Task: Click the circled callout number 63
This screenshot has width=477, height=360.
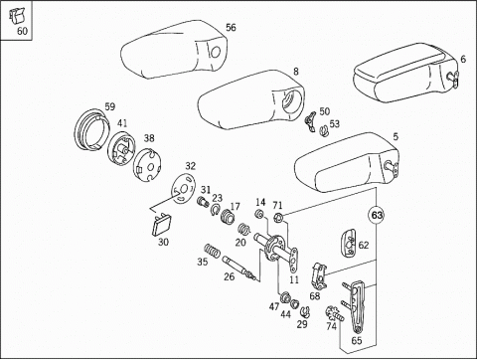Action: (x=377, y=216)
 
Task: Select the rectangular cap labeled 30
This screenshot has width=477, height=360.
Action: (x=161, y=225)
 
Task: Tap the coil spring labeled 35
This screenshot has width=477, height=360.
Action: (x=212, y=251)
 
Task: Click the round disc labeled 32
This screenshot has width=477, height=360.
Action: (x=184, y=188)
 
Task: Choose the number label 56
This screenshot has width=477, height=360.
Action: (x=231, y=27)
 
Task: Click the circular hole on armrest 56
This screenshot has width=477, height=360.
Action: (x=216, y=52)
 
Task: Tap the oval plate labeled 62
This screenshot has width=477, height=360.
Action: (x=349, y=243)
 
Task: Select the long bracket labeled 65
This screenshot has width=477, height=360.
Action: (x=357, y=306)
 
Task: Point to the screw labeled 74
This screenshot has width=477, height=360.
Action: (x=335, y=313)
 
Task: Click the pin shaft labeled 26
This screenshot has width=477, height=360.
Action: (x=239, y=268)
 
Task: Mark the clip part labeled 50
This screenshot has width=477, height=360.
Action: (x=311, y=121)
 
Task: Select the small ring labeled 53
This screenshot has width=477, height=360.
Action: (x=324, y=131)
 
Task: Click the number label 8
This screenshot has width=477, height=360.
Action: (x=295, y=72)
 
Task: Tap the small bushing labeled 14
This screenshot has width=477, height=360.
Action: (x=259, y=214)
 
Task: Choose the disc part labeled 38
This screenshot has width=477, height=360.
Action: (x=147, y=165)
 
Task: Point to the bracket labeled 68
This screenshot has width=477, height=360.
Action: (x=319, y=274)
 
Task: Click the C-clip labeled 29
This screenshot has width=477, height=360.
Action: (x=305, y=311)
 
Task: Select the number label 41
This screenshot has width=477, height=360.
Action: (x=122, y=123)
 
